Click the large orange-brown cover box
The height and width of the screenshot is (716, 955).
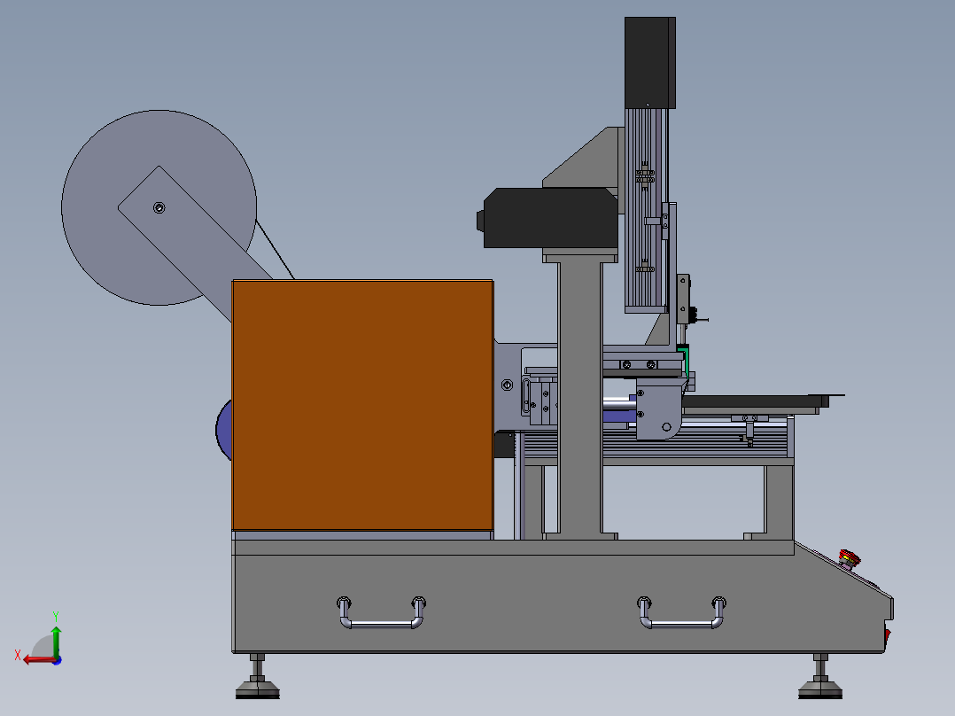(x=362, y=405)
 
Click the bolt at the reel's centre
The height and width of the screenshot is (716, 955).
(x=159, y=207)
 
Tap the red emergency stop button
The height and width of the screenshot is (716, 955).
(x=849, y=557)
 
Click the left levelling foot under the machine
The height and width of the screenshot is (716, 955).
(x=258, y=678)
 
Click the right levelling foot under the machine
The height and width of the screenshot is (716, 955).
(x=820, y=678)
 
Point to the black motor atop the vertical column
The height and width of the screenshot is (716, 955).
(x=650, y=63)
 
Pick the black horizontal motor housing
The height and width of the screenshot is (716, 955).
(x=548, y=218)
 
